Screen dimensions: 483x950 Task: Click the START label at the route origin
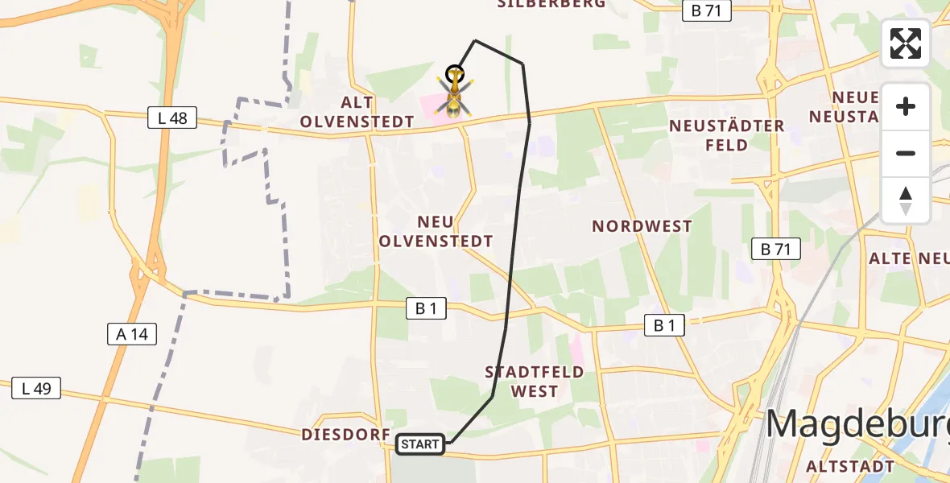pos(420,444)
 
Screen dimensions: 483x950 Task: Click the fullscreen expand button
pos(906,43)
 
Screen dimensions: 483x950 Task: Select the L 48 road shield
pos(172,118)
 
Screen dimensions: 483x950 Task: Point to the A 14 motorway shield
pos(132,333)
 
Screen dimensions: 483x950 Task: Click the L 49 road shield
pos(36,389)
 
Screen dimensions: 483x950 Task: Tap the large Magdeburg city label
pos(857,423)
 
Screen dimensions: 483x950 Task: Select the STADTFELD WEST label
pos(535,382)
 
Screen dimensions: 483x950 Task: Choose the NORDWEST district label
pos(642,226)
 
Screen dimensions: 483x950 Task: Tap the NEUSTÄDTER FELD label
pos(727,135)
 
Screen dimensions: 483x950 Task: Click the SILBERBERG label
pos(551,4)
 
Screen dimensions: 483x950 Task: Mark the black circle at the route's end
pos(455,73)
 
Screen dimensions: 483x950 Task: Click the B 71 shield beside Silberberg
pos(706,11)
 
